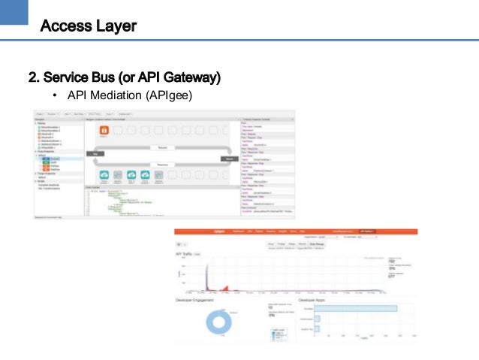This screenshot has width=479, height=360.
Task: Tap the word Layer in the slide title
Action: [113, 27]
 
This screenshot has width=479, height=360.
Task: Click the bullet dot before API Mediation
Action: [55, 95]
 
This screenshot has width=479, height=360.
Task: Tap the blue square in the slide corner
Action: [14, 14]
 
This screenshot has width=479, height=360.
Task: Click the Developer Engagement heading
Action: [194, 301]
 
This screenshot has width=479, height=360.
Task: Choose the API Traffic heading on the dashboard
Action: [185, 254]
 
